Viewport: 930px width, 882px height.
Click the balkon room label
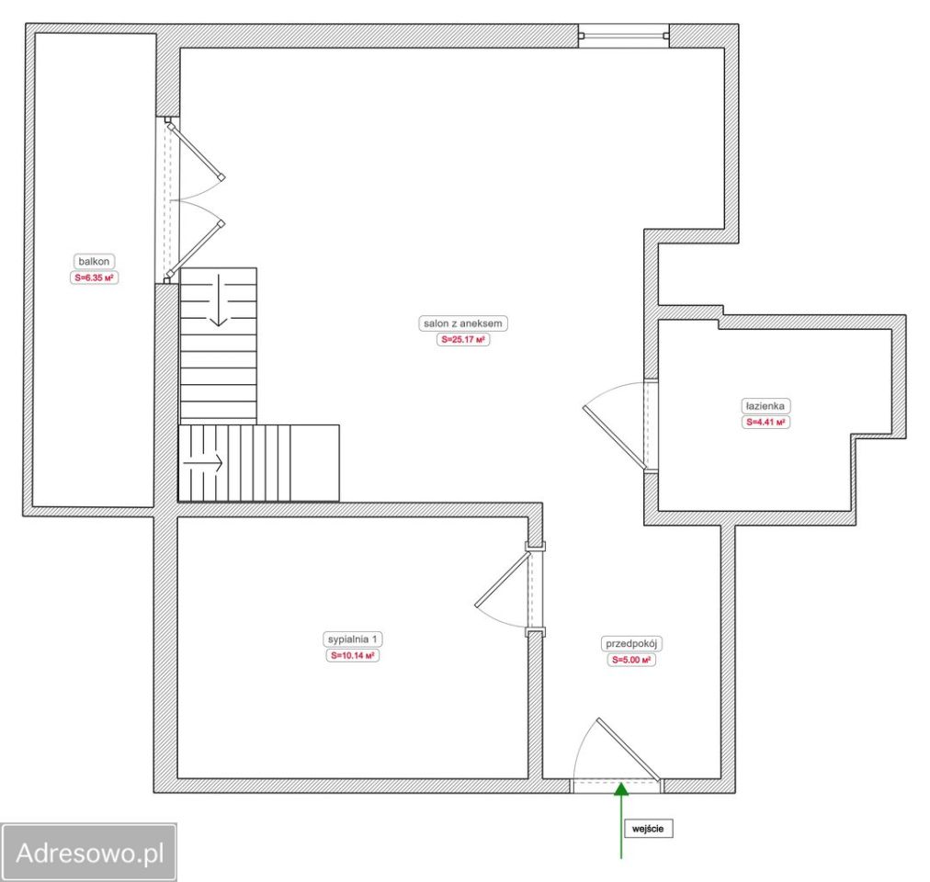point(94,262)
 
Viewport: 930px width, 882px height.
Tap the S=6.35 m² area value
point(94,277)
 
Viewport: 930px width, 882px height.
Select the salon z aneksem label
point(462,323)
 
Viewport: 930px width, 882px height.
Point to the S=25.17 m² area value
point(463,340)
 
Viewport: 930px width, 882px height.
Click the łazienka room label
point(766,406)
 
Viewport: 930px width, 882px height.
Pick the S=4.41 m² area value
point(766,423)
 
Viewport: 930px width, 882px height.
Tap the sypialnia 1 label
point(352,639)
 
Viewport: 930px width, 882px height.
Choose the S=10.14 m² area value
point(352,655)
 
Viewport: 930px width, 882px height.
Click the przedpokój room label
point(631,643)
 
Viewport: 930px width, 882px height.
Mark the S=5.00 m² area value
point(631,660)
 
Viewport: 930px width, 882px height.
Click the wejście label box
point(648,829)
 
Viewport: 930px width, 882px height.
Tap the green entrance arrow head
point(621,789)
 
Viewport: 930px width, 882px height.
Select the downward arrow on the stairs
point(219,300)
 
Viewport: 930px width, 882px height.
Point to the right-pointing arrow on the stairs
point(203,463)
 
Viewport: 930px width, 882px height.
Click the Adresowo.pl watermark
point(89,853)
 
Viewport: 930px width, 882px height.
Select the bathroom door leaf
point(615,437)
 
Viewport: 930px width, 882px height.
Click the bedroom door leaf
point(503,580)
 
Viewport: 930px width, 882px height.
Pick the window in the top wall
point(623,36)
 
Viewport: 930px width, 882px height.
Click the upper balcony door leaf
point(195,151)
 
